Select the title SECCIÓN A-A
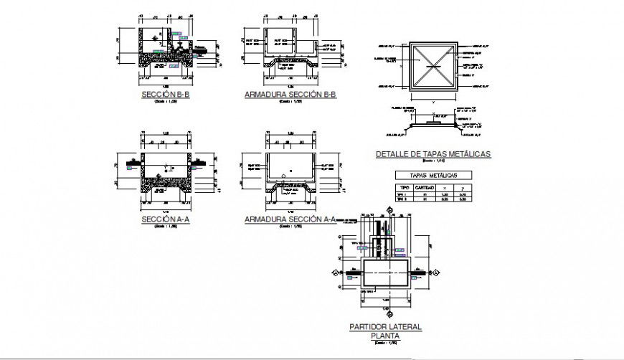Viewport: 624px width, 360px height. (166, 219)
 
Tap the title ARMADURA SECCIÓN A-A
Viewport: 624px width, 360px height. (290, 219)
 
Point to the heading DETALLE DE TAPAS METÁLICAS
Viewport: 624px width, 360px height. (427, 154)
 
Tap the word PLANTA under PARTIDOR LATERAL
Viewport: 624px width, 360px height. (385, 335)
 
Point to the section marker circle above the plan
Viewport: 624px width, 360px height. (390, 209)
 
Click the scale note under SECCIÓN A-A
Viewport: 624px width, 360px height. (166, 227)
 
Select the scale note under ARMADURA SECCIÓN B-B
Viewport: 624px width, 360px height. (290, 102)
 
